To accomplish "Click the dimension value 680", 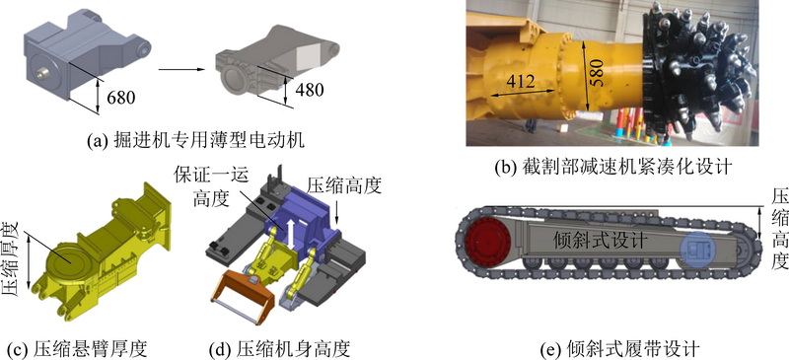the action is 121,97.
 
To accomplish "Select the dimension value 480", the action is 310,89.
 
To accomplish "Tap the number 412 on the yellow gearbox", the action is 521,81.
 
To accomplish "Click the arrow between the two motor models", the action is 181,69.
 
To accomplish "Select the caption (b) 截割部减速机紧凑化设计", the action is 611,166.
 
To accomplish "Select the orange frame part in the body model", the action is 245,297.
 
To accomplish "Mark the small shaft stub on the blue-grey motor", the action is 43,74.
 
